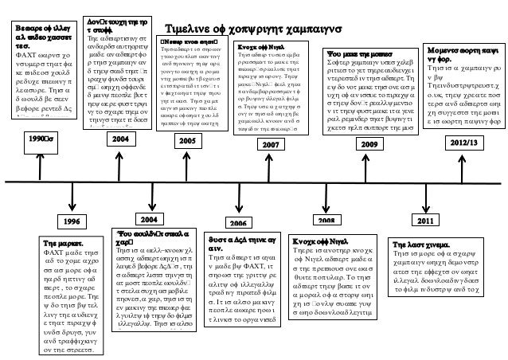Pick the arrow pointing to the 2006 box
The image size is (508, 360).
pyautogui.click(x=240, y=201)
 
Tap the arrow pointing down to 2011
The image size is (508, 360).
pyautogui.click(x=429, y=199)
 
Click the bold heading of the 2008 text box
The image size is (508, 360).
pyautogui.click(x=321, y=240)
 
